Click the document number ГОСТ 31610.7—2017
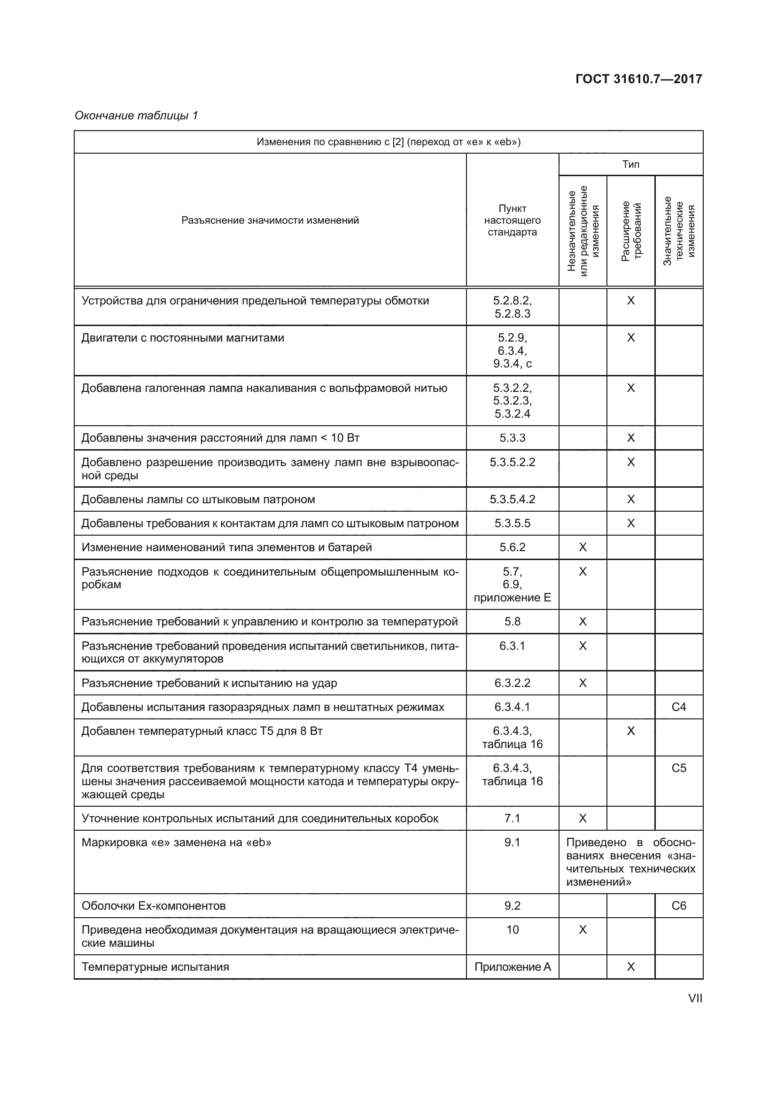tap(638, 79)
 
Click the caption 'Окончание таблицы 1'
tap(136, 116)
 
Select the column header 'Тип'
tap(630, 164)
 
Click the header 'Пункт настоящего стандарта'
tap(512, 220)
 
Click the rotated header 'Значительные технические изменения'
tap(679, 231)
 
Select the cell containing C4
tap(678, 707)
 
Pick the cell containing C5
tap(678, 768)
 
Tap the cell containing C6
tap(678, 905)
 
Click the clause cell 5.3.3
tap(512, 438)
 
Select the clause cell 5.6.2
tap(512, 547)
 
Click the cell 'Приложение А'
tap(512, 967)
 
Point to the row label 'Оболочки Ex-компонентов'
tap(154, 905)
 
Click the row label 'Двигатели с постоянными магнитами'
tap(183, 338)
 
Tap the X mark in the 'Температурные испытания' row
tap(630, 967)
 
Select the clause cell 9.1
tap(512, 842)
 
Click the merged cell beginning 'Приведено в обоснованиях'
tap(630, 862)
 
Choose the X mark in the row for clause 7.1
tap(582, 818)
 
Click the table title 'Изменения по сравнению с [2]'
tap(388, 142)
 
